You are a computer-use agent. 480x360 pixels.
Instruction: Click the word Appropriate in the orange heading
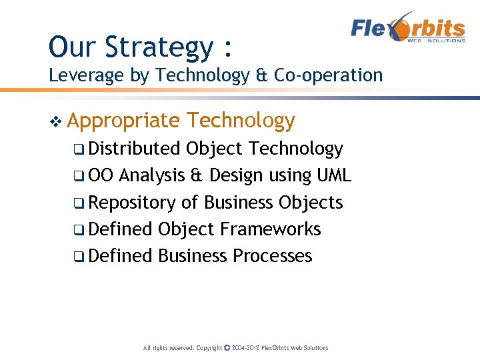pos(123,121)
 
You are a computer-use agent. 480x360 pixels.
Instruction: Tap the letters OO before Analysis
pos(101,175)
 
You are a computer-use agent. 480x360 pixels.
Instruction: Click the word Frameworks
pos(270,229)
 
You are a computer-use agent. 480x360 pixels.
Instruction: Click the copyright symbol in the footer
pos(227,348)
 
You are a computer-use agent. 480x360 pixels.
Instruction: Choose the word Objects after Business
pos(311,203)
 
